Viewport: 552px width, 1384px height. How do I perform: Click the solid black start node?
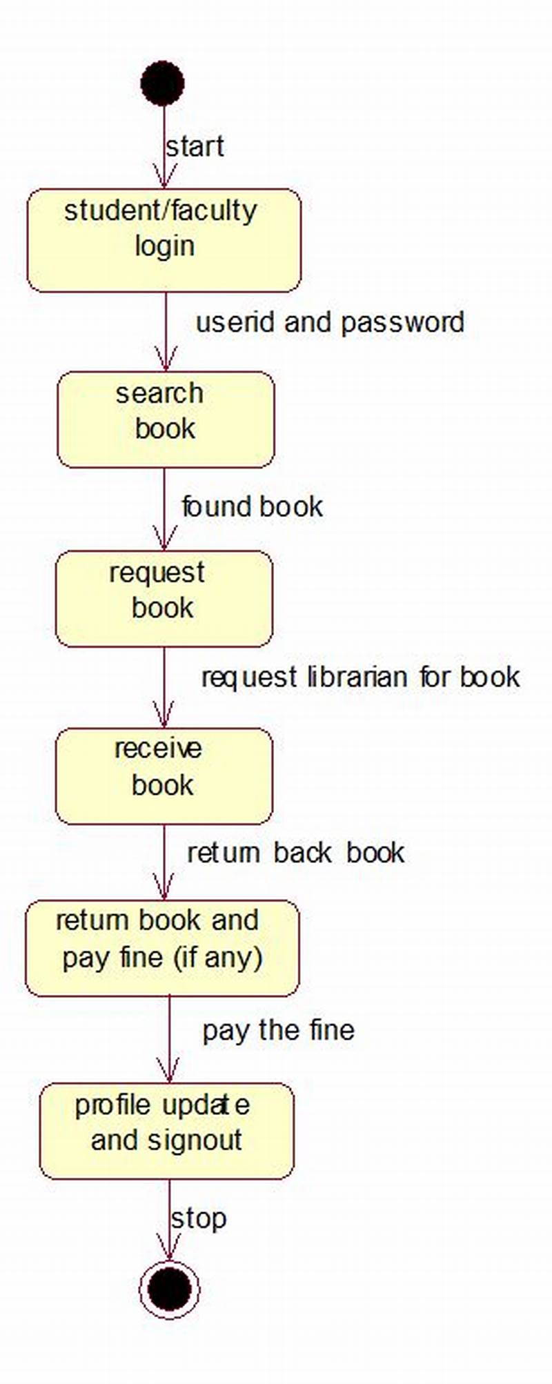(162, 83)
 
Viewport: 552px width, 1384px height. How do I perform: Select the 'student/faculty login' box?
(164, 240)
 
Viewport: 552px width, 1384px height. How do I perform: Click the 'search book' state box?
(166, 419)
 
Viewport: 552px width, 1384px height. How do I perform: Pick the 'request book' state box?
(164, 598)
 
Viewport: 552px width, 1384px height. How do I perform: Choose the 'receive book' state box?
(164, 776)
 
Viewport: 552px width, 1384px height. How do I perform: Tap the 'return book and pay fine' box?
(162, 947)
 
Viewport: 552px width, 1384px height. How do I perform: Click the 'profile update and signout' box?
(166, 1131)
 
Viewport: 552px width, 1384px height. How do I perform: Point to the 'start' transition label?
(195, 147)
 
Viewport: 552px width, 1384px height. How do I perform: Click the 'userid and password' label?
(330, 322)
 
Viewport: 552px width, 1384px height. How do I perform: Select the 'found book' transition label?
(252, 507)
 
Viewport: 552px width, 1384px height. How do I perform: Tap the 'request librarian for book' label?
(360, 677)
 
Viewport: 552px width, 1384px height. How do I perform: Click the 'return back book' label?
(295, 853)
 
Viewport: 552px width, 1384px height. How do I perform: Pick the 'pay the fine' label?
(278, 1030)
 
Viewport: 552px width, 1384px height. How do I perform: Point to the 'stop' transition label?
(199, 1218)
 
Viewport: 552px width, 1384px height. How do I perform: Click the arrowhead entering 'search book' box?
(166, 362)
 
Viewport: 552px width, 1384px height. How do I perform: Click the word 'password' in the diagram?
(402, 322)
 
